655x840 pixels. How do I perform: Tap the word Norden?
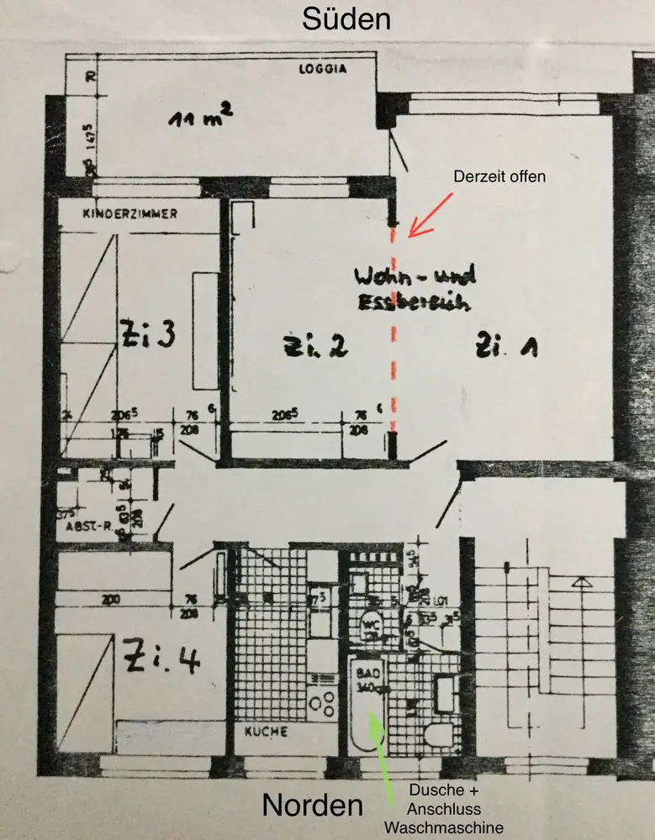pyautogui.click(x=313, y=805)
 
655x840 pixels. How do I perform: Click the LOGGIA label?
pyautogui.click(x=323, y=69)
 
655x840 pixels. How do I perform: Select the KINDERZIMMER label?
pyautogui.click(x=130, y=214)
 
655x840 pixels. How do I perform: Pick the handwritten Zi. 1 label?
pyautogui.click(x=506, y=345)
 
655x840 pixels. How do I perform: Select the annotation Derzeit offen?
pyautogui.click(x=499, y=177)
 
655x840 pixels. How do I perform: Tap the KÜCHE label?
pyautogui.click(x=267, y=732)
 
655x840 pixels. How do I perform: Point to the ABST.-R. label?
pyautogui.click(x=90, y=527)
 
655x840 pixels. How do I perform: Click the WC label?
pyautogui.click(x=370, y=623)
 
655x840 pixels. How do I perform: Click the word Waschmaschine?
pyautogui.click(x=443, y=827)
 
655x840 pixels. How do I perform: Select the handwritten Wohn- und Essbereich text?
pyautogui.click(x=415, y=288)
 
